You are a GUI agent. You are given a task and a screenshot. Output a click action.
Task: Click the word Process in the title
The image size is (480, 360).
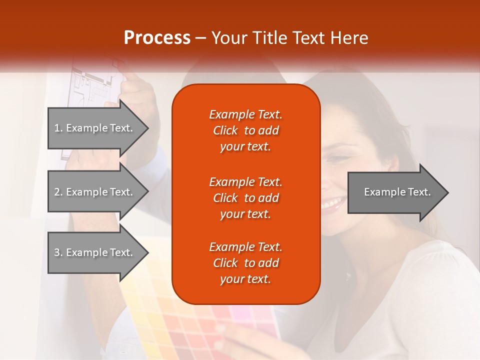pos(157,38)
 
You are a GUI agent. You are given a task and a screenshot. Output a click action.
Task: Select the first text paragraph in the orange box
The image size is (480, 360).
pos(245,130)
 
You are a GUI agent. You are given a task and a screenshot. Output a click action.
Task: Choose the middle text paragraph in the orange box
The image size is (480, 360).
pos(245,198)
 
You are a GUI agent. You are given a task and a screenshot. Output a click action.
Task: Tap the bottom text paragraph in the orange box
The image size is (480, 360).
pos(245,263)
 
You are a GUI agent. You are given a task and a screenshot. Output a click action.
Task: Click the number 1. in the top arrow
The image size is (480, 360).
pos(58,128)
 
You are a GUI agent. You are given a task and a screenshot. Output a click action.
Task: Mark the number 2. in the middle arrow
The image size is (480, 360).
pos(58,192)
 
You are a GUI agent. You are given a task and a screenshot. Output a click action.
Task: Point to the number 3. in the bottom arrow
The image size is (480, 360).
pos(58,252)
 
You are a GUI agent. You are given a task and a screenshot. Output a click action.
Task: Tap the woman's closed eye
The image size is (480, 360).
pos(340,159)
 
